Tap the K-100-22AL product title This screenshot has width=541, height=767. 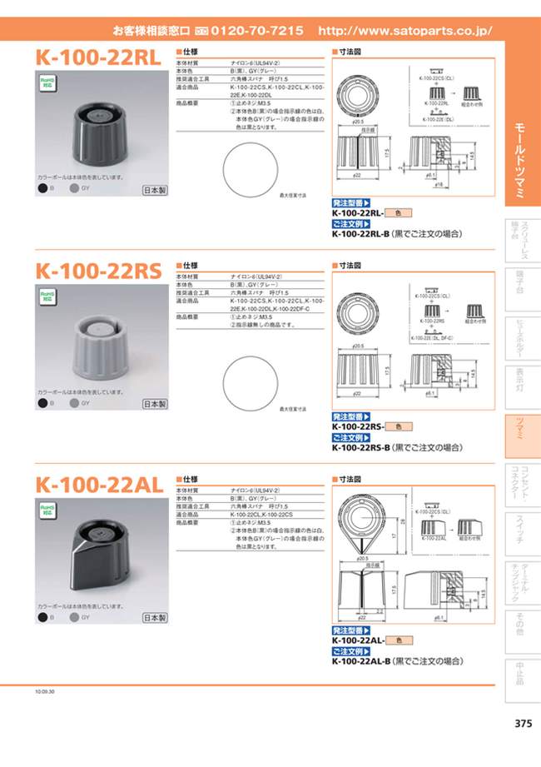coord(98,485)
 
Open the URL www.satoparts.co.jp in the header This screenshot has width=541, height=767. coord(405,31)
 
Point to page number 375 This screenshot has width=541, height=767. coord(522,724)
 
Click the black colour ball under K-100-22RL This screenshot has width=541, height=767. coord(42,190)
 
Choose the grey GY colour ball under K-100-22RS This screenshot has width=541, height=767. coord(74,404)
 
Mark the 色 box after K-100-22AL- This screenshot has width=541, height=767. coord(398,640)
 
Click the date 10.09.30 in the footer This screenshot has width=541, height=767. coord(45,690)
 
